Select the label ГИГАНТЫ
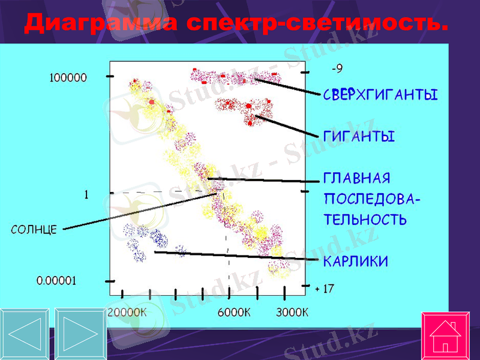click(x=359, y=137)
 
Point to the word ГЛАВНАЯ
click(x=357, y=179)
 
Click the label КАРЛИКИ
click(x=356, y=262)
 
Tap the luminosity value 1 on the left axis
click(x=86, y=194)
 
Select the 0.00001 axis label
click(x=56, y=280)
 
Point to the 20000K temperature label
click(x=127, y=312)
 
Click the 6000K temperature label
click(x=234, y=312)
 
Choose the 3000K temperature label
click(x=292, y=312)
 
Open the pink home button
click(x=446, y=336)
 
